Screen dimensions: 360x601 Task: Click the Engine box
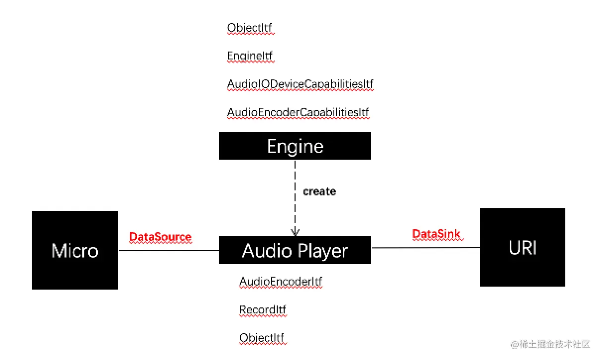[295, 146]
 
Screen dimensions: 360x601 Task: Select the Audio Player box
[295, 250]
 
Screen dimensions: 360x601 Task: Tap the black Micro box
[75, 250]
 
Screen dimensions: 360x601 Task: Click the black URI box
[522, 247]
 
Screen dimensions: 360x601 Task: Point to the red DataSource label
[160, 237]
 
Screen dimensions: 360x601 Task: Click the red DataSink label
[436, 234]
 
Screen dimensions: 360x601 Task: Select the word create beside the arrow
[319, 191]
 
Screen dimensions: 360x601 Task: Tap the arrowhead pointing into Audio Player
[295, 232]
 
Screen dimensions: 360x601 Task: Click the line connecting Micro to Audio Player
[169, 250]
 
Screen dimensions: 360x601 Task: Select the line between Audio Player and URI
[425, 247]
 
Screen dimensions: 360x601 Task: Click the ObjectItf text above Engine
[249, 28]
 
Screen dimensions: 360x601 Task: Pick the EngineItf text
[250, 56]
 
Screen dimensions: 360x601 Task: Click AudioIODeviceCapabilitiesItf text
[300, 85]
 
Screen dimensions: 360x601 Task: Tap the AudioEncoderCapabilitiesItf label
[298, 113]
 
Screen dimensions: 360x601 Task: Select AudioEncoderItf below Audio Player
[281, 282]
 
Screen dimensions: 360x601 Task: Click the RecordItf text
[262, 310]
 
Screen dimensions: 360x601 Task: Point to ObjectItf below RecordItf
[262, 338]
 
